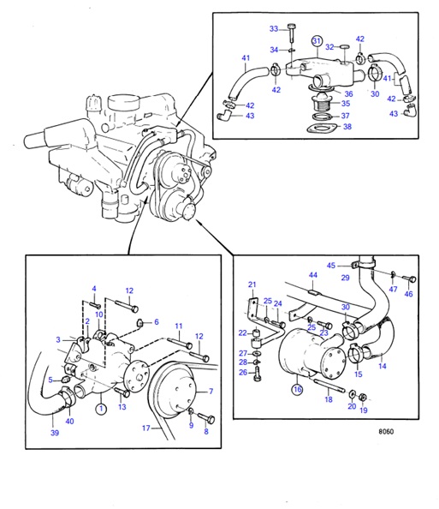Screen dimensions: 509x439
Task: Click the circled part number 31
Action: point(316,42)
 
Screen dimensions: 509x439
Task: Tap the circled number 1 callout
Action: point(100,409)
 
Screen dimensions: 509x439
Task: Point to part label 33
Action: point(274,28)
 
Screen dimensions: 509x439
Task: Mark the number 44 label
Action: point(313,276)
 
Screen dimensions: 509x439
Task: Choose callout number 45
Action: point(330,265)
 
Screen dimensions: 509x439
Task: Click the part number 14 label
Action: point(382,366)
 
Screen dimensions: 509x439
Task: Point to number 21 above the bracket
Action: point(252,284)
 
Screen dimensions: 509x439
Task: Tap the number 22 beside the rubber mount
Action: point(242,332)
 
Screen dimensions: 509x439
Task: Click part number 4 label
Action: point(94,289)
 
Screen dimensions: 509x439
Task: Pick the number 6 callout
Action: point(156,321)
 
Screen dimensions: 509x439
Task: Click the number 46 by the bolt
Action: point(408,294)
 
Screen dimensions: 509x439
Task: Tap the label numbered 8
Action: point(205,432)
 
